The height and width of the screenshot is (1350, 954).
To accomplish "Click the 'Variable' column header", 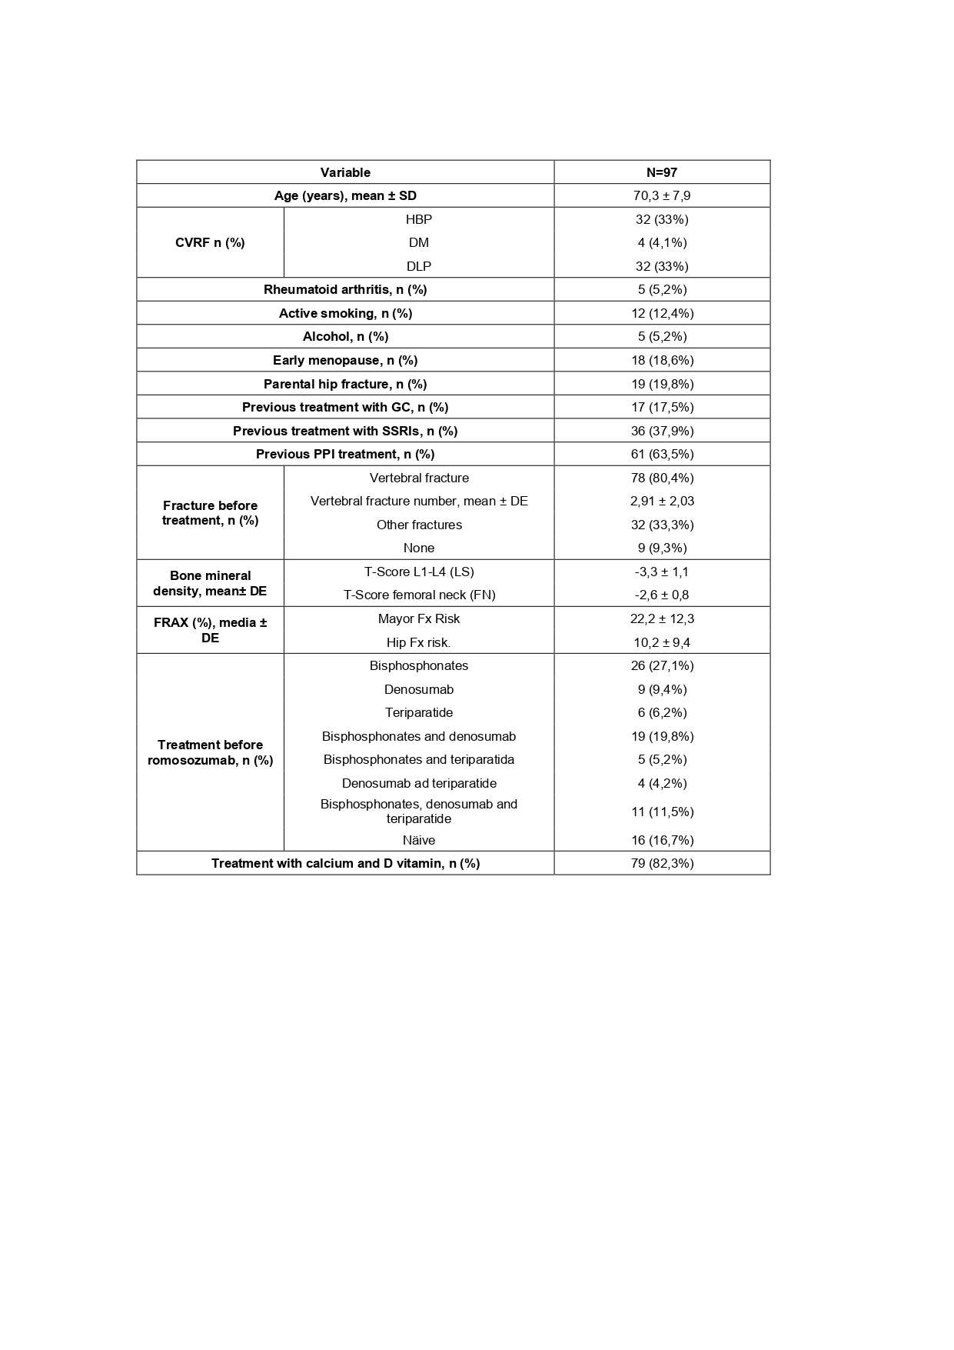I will pyautogui.click(x=345, y=172).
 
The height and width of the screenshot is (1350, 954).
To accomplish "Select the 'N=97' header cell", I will pyautogui.click(x=662, y=172).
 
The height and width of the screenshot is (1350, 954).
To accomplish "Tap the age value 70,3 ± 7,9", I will pyautogui.click(x=662, y=195).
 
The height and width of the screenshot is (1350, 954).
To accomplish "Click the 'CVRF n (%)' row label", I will pyautogui.click(x=210, y=242).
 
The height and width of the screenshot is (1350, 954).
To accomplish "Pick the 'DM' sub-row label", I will pyautogui.click(x=419, y=242).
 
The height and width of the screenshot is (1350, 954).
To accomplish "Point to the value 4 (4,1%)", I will pyautogui.click(x=662, y=242).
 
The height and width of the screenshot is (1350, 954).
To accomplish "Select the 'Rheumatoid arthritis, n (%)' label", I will pyautogui.click(x=345, y=289).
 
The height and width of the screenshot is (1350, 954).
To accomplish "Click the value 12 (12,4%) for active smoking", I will pyautogui.click(x=662, y=313).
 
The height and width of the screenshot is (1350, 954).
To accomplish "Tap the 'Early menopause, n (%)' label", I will pyautogui.click(x=345, y=360).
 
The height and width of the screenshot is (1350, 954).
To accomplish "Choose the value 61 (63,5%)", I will pyautogui.click(x=662, y=454).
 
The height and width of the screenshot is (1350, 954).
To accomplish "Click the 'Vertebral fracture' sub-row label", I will pyautogui.click(x=419, y=478).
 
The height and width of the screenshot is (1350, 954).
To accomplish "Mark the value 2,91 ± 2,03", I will pyautogui.click(x=662, y=501).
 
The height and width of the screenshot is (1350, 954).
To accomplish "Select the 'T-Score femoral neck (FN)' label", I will pyautogui.click(x=419, y=595).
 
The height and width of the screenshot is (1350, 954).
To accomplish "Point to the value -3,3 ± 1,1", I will pyautogui.click(x=662, y=572).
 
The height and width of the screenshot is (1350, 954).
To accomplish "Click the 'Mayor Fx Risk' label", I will pyautogui.click(x=419, y=618).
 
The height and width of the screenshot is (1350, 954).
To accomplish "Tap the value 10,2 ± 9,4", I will pyautogui.click(x=662, y=642).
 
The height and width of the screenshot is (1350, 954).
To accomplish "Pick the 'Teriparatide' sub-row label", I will pyautogui.click(x=419, y=712).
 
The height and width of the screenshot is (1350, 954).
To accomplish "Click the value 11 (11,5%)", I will pyautogui.click(x=662, y=812).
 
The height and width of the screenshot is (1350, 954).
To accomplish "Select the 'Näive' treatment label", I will pyautogui.click(x=419, y=840).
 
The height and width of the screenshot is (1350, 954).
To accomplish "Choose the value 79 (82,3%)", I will pyautogui.click(x=662, y=863).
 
